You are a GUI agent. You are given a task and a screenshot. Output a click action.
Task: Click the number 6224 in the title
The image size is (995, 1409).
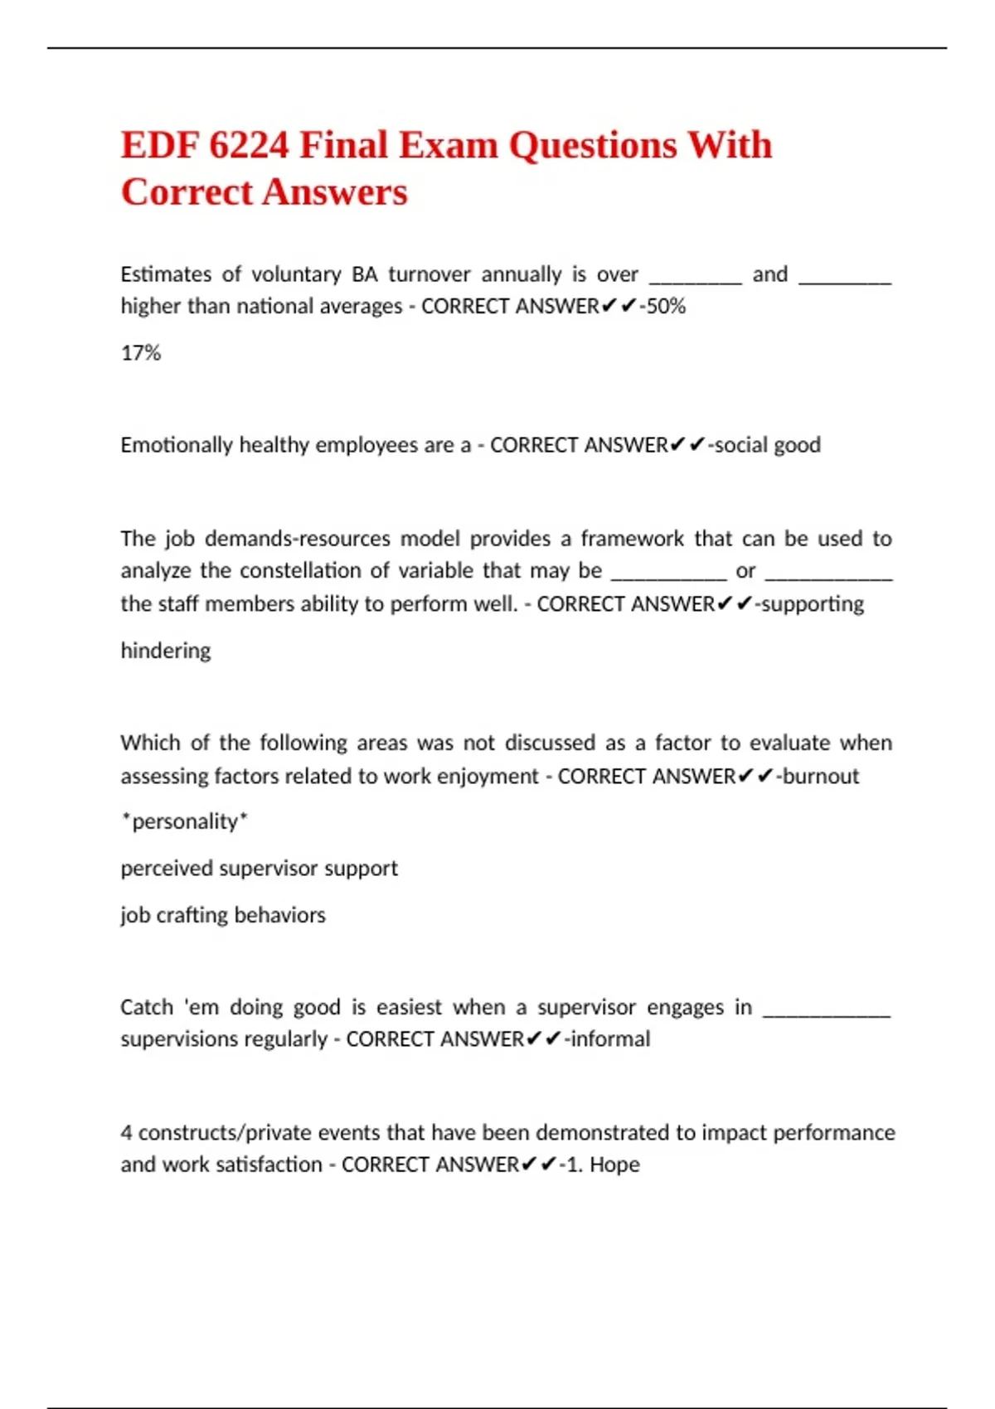point(248,145)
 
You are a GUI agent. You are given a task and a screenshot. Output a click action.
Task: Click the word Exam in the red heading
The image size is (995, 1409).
point(448,145)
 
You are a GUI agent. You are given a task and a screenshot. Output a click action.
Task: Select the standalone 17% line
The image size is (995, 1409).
point(141,353)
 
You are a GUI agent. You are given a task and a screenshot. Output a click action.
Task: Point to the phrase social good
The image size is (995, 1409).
point(768,445)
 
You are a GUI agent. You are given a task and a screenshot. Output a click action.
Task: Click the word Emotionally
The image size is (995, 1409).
point(176,445)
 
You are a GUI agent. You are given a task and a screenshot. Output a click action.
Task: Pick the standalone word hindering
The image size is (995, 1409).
point(166,651)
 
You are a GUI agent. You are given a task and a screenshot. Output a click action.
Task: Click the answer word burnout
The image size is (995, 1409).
point(821,776)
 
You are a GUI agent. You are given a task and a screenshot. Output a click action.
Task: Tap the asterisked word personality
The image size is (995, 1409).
point(184,821)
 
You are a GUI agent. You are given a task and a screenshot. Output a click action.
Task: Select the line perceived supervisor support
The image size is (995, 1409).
point(259,868)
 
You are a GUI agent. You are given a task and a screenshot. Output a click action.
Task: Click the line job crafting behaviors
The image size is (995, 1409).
point(223,915)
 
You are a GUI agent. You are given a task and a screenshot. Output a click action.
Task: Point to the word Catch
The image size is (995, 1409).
point(147,1007)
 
